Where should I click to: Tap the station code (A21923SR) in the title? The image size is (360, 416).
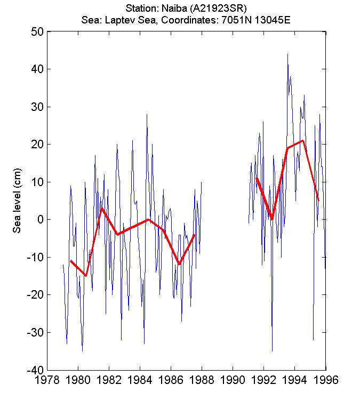[x=213, y=9]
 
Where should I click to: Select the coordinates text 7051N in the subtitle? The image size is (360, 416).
[x=240, y=20]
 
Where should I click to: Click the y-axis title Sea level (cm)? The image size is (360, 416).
[x=17, y=205]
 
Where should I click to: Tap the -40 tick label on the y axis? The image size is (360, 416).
[x=35, y=370]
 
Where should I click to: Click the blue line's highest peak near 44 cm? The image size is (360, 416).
[x=287, y=54]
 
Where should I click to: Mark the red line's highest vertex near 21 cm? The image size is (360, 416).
[x=303, y=141]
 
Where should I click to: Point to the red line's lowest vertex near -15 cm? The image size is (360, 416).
[x=86, y=276]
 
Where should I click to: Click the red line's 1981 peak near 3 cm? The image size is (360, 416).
[x=101, y=209]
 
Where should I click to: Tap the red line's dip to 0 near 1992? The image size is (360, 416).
[x=272, y=219]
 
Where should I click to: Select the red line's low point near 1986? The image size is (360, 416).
[x=179, y=264]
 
